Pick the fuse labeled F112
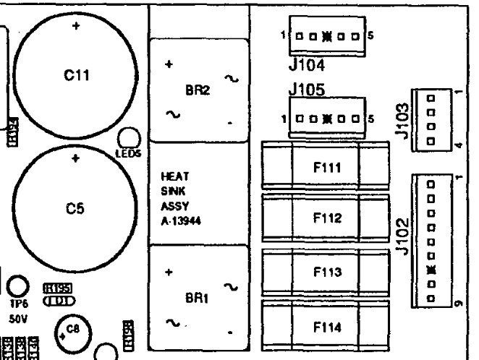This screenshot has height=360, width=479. coord(326,219)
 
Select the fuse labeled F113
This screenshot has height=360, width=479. coord(326,272)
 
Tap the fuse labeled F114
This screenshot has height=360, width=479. coord(326,326)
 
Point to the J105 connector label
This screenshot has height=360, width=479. coord(305,92)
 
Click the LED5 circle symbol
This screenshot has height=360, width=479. coord(127,138)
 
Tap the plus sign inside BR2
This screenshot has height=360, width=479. coord(169,64)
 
